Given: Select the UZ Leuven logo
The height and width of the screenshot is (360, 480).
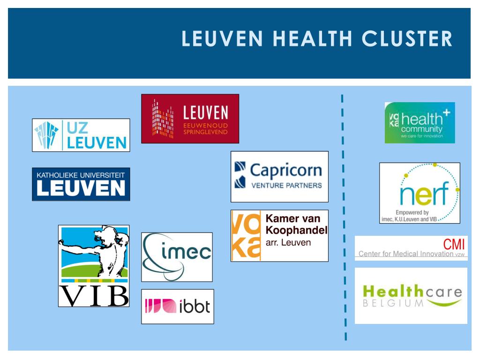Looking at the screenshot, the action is tap(81, 135).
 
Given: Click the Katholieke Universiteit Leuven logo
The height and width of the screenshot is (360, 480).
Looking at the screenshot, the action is tap(81, 184).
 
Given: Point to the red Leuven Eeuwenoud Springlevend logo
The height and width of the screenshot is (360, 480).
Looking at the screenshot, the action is tap(190, 119).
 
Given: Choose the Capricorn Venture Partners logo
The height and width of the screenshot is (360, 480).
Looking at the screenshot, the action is tap(279, 176).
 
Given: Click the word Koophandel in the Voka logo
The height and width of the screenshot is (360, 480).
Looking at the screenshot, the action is tap(296, 230).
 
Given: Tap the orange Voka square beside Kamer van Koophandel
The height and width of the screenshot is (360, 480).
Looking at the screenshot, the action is tap(246, 236).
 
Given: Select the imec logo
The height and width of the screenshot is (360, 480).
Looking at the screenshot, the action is tap(177, 257).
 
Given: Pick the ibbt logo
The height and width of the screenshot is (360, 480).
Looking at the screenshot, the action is tap(178, 307).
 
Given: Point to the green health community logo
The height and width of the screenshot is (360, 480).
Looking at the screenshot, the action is tap(420, 123).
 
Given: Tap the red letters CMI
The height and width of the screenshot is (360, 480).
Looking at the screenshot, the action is tap(455, 245).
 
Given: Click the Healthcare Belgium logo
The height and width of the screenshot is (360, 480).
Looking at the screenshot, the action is tap(411, 296).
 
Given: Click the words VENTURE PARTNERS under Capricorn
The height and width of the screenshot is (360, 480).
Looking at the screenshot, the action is tap(287, 185).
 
